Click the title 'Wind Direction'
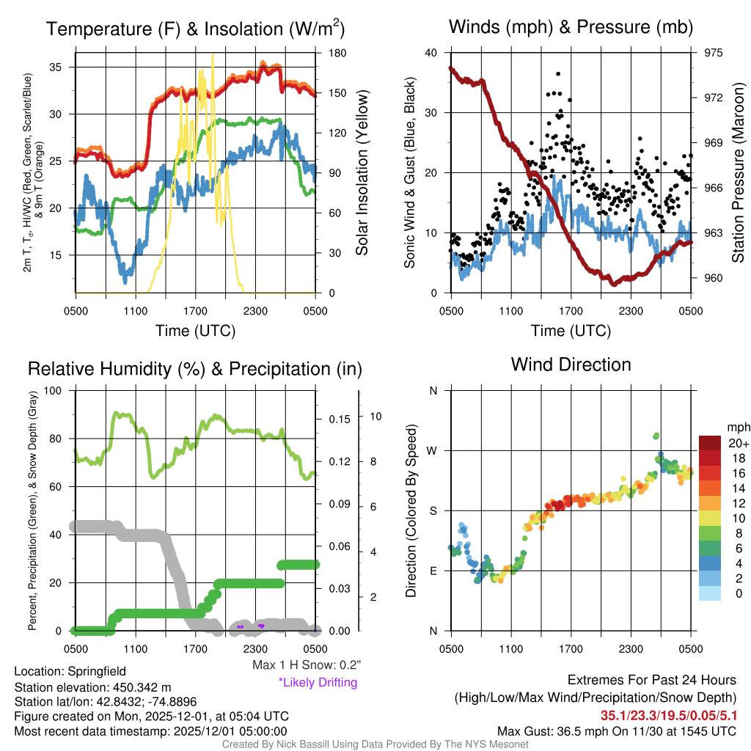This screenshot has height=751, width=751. (571, 364)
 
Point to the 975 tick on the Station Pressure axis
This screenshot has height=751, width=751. (713, 53)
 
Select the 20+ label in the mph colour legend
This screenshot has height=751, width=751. (737, 443)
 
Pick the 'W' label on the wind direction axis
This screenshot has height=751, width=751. (433, 450)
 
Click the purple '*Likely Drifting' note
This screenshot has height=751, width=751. (318, 683)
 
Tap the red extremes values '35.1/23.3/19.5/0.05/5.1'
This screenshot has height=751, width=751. (669, 715)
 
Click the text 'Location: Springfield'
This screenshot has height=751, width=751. (70, 671)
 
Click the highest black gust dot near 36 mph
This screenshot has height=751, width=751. (558, 73)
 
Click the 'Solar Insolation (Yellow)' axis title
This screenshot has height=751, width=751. (362, 172)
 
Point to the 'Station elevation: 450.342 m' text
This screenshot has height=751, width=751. (92, 687)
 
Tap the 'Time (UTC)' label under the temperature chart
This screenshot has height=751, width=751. (195, 331)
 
